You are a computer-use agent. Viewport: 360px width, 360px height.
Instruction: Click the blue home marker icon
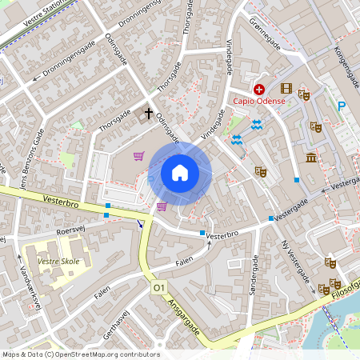pos(180,173)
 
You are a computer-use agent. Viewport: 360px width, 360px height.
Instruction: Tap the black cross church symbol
pos(147,113)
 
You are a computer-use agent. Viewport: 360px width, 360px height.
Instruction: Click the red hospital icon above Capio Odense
pos(259,89)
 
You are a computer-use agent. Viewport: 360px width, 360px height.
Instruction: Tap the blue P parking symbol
pos(342,107)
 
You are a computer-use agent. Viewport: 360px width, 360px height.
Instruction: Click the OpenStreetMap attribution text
pos(81,354)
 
